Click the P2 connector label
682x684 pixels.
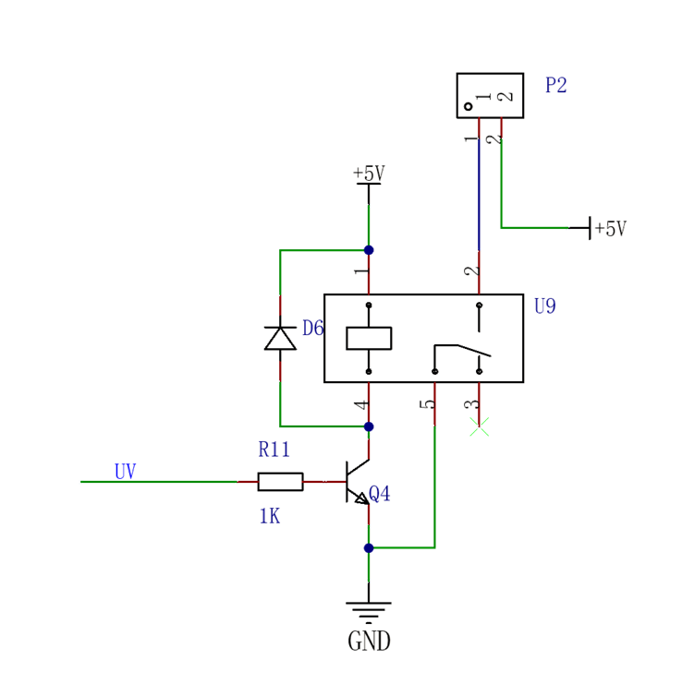coord(556,86)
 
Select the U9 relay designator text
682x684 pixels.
coord(546,306)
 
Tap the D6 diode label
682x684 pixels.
coord(313,328)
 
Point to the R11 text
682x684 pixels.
coord(274,450)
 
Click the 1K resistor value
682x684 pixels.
coord(270,516)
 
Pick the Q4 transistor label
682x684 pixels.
coord(380,495)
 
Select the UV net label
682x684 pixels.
coord(125,472)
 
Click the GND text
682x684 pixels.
coord(370,640)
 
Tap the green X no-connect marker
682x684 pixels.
coord(480,426)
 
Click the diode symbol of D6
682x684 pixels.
coord(282,338)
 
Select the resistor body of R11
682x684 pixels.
coord(281,482)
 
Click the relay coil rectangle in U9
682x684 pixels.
coord(371,338)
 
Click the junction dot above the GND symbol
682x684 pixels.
coord(369,547)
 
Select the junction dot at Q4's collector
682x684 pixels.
coord(369,426)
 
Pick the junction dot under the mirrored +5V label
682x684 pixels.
coord(369,250)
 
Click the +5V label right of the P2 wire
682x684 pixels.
coord(611,228)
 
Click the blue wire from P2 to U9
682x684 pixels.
coord(479,194)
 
